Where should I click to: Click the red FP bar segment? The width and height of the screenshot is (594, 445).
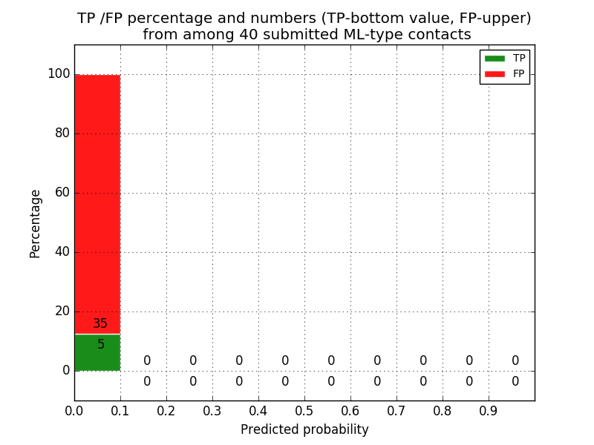(97, 200)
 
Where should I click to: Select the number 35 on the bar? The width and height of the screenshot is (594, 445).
(100, 324)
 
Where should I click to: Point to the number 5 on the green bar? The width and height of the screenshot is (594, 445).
(101, 345)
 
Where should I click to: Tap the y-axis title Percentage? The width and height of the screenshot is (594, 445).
(36, 223)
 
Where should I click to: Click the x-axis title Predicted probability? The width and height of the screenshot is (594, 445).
(304, 429)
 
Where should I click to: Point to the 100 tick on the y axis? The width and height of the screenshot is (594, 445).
(59, 74)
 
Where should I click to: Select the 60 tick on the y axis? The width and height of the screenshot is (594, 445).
(62, 193)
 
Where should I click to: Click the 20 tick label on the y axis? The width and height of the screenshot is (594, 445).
(62, 311)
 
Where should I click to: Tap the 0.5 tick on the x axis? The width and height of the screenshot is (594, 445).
(304, 410)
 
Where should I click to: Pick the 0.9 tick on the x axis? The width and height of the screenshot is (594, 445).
(489, 410)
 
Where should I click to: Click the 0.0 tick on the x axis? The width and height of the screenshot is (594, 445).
(74, 410)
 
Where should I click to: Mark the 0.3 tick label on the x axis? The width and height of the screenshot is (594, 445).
(212, 410)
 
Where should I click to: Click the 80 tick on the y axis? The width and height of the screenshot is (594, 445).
(62, 133)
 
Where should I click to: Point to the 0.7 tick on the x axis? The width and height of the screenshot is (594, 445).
(396, 410)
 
